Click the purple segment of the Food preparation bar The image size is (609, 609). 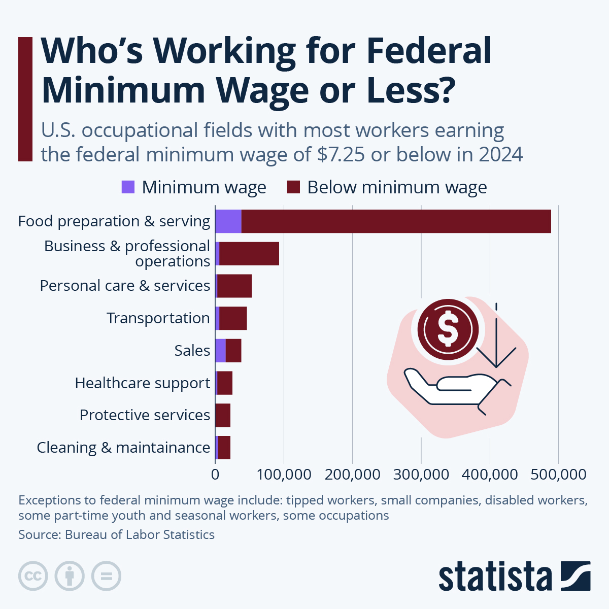click(x=228, y=221)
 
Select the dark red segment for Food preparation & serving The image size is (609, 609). click(x=396, y=221)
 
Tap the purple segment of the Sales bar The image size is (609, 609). click(x=220, y=351)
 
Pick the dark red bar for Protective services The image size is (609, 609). click(x=223, y=415)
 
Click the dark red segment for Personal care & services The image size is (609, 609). click(x=234, y=286)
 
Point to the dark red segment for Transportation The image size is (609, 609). click(x=233, y=318)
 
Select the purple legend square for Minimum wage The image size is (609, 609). click(x=128, y=187)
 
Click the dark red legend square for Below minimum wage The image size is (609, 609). click(x=294, y=187)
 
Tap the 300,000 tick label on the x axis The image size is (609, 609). click(x=421, y=475)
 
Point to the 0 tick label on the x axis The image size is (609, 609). click(x=215, y=475)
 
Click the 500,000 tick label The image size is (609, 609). click(x=558, y=475)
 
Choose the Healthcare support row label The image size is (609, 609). click(x=142, y=383)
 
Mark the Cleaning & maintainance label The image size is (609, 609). click(x=123, y=448)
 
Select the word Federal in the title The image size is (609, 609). click(x=428, y=51)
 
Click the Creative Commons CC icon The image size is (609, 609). click(x=33, y=576)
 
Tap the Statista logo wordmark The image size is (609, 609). click(x=495, y=577)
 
